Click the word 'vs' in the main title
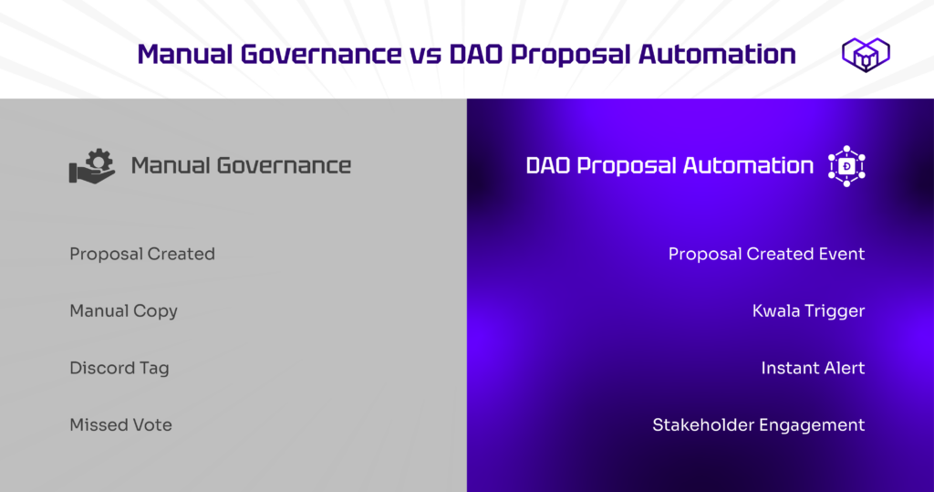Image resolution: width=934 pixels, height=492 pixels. click(425, 55)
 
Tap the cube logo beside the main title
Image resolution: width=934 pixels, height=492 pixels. click(866, 54)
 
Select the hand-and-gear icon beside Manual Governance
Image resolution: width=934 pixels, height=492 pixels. click(92, 166)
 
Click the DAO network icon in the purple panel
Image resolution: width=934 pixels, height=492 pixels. click(846, 166)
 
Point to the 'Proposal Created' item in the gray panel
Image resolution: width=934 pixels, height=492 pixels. click(142, 254)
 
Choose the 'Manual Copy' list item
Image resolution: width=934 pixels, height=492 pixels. click(124, 311)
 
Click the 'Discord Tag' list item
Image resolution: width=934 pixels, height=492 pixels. click(119, 368)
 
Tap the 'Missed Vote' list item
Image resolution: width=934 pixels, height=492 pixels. click(121, 424)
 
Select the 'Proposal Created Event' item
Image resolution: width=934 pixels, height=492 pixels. click(766, 254)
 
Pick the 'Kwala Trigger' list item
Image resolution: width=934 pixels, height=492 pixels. click(808, 311)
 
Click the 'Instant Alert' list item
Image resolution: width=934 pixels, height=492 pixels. click(813, 368)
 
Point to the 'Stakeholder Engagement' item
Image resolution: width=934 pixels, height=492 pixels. click(758, 425)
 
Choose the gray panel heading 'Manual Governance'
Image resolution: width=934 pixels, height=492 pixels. click(241, 166)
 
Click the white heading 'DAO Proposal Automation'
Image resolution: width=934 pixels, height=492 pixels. click(669, 166)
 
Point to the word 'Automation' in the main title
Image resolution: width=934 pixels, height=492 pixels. click(717, 54)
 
